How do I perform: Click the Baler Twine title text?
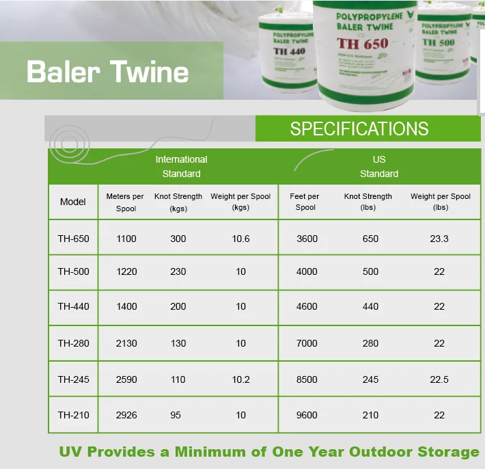coord(107,72)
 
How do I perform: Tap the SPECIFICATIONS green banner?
coord(359,129)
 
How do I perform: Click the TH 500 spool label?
coord(438,42)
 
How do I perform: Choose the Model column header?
coord(73,202)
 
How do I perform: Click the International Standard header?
coord(181,166)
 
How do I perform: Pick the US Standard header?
coord(379,166)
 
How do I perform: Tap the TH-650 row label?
coord(73,239)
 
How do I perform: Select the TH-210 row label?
coord(73,414)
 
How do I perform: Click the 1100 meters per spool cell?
coord(126,239)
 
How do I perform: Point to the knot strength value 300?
coord(178,239)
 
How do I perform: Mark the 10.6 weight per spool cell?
coord(240,239)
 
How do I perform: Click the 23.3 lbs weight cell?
coord(439,239)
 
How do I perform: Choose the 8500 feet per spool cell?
coord(307,379)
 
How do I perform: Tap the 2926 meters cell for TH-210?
coord(126,414)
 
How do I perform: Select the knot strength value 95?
coord(176,414)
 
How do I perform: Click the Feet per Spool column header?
coord(305,202)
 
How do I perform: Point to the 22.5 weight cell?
coord(439,379)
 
